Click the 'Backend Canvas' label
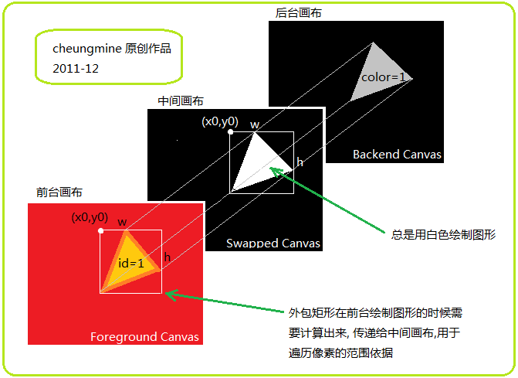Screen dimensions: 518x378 point(397,155)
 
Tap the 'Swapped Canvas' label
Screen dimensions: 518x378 point(273,243)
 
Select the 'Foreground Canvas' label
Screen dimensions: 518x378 point(144,336)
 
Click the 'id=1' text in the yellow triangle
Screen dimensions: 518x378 point(131,263)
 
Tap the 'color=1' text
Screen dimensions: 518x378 point(384,77)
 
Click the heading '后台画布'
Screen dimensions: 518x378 point(298,13)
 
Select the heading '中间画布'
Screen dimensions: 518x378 point(181,101)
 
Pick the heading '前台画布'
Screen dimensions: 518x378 point(59,192)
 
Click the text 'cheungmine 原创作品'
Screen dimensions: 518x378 point(112,49)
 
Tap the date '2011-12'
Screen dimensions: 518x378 point(76,68)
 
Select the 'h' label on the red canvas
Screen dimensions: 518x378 point(167,256)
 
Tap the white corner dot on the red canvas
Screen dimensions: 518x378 point(101,230)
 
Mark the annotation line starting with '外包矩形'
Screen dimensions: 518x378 point(376,313)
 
